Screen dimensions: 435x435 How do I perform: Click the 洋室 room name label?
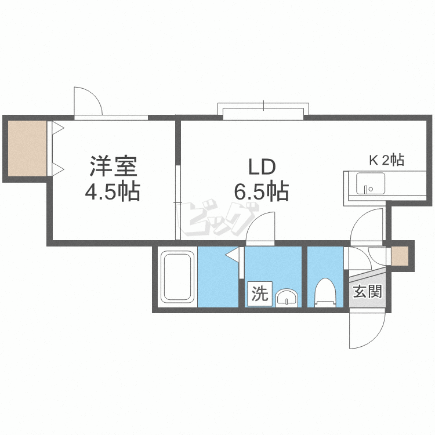(x=114, y=166)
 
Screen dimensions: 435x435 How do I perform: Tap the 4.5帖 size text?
(x=113, y=191)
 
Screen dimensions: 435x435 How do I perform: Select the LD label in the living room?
(x=262, y=167)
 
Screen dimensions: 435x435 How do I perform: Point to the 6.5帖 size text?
(x=262, y=191)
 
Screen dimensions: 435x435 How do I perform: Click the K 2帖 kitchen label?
(x=386, y=160)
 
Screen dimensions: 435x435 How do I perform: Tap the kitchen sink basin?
(x=371, y=183)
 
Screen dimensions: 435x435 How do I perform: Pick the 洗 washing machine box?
(x=260, y=293)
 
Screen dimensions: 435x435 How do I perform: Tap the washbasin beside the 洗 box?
(x=287, y=298)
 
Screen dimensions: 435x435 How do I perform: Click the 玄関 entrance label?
(x=368, y=291)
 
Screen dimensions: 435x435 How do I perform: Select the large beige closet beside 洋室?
(x=27, y=148)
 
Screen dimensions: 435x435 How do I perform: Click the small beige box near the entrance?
(x=400, y=256)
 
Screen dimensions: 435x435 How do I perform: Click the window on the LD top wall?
(x=263, y=111)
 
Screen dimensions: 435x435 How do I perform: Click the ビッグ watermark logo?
(x=219, y=217)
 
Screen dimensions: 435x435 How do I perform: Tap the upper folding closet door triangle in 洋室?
(x=58, y=128)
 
